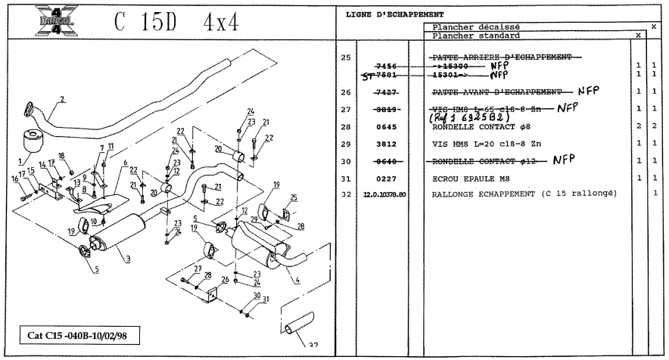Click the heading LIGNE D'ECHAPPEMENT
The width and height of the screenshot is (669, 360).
coord(394,15)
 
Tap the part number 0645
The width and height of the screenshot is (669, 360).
coord(387,127)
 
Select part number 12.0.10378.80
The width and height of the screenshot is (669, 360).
coord(386,194)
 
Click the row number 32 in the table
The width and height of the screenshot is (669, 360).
coord(347,194)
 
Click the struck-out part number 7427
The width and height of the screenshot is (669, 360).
coord(387,92)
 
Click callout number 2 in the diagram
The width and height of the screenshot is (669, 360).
coord(62,99)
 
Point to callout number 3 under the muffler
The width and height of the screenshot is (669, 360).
coord(129,259)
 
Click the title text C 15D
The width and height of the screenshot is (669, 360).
coord(148,22)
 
